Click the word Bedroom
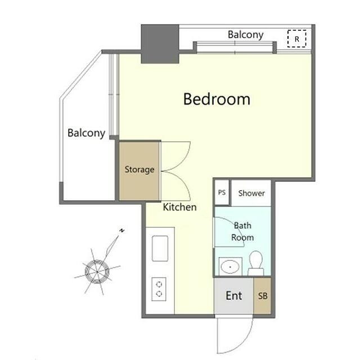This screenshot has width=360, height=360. tap(217, 99)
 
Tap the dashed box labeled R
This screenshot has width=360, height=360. tap(297, 39)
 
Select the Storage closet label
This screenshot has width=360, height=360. tap(139, 170)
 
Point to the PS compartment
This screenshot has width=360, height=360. tap(222, 192)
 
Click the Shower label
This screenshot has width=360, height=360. tap(251, 193)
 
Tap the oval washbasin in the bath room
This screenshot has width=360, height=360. tap(230, 267)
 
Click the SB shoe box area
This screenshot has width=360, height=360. tap(263, 296)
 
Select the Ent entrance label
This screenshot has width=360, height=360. tap(234, 296)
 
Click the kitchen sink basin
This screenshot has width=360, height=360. tap(160, 249)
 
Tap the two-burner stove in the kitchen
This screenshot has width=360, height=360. tap(159, 289)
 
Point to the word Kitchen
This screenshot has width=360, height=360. tap(180, 208)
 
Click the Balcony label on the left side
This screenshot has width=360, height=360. tap(86, 133)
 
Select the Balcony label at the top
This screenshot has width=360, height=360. tap(245, 35)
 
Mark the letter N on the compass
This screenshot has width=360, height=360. tap(122, 231)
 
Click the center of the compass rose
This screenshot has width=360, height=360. tap(97, 272)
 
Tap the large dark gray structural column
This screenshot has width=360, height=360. tap(160, 44)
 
